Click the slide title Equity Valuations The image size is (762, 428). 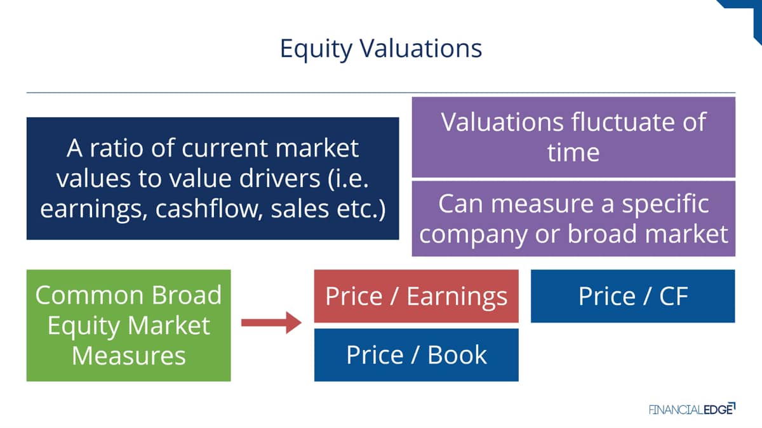point(380,49)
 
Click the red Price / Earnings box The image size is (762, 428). point(417,296)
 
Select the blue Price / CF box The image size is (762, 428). point(632,296)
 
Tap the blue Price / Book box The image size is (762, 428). point(417,354)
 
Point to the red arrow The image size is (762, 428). point(272,322)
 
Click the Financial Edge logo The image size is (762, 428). point(692,409)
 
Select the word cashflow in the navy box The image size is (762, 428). point(209,209)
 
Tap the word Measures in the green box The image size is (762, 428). point(128,356)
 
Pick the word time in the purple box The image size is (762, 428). point(573,152)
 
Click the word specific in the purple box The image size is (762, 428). point(665,205)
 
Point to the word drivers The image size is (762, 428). point(279,178)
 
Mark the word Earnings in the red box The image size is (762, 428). point(457,297)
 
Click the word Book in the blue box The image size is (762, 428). point(457,354)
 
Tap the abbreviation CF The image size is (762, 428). point(674,296)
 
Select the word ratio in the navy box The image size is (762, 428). point(116,148)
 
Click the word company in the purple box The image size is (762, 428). point(473,235)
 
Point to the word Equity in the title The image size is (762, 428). point(316,49)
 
